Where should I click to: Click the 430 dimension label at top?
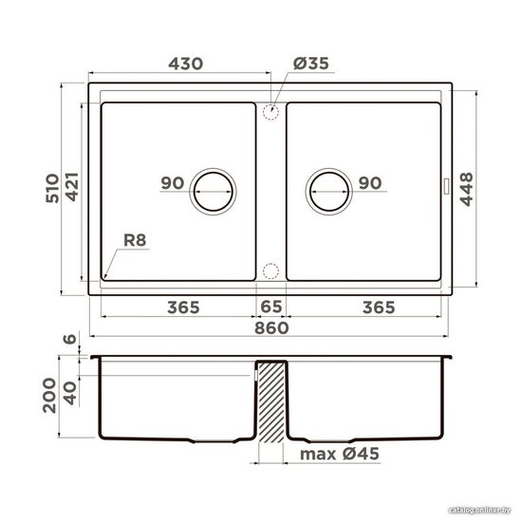[x=185, y=64]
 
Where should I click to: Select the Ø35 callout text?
[x=311, y=64]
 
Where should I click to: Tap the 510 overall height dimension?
[x=52, y=188]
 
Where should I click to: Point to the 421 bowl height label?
[x=72, y=187]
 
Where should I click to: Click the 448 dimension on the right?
[x=466, y=189]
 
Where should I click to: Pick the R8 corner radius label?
[x=135, y=240]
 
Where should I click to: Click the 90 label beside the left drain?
[x=173, y=183]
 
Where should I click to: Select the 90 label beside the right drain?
[x=370, y=183]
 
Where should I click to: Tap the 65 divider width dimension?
[x=271, y=307]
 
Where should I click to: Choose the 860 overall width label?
[x=271, y=328]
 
